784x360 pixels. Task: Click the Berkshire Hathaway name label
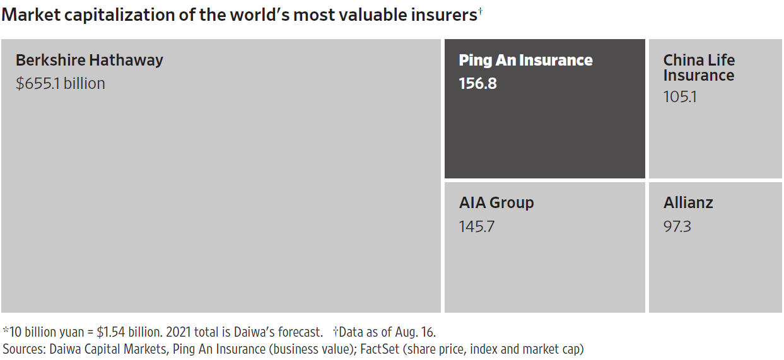89,61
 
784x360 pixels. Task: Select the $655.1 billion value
60,83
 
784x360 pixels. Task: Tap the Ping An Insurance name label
525,61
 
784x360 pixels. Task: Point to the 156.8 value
477,83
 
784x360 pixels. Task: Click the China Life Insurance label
699,67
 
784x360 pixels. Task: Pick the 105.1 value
680,97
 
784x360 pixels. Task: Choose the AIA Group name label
496,203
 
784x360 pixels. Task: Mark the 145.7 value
477,226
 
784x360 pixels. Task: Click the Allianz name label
688,203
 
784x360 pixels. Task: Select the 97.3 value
677,226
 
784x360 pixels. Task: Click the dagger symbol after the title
480,11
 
